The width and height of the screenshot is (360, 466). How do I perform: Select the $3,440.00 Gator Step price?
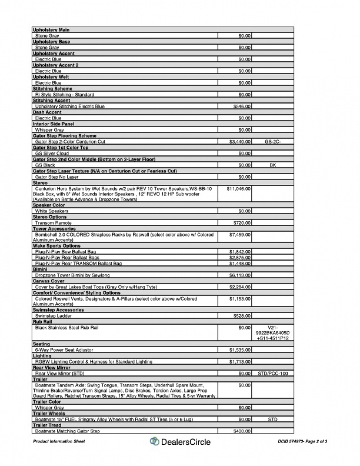pyautogui.click(x=240, y=142)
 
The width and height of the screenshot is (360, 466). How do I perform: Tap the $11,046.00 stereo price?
pyautogui.click(x=239, y=188)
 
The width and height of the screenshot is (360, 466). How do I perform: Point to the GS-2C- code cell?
pyautogui.click(x=273, y=142)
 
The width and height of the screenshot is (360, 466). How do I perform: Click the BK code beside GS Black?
pyautogui.click(x=273, y=165)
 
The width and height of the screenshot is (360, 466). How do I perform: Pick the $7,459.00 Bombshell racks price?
pyautogui.click(x=240, y=234)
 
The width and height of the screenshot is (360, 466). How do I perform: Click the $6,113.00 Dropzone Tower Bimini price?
pyautogui.click(x=240, y=275)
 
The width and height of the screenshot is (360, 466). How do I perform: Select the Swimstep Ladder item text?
pyautogui.click(x=53, y=316)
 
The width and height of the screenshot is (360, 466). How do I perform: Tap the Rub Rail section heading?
pyautogui.click(x=42, y=322)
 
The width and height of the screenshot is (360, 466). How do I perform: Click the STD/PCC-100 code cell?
pyautogui.click(x=273, y=373)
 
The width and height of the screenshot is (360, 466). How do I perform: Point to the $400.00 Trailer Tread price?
pyautogui.click(x=242, y=431)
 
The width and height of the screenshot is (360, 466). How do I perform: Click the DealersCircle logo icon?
pyautogui.click(x=154, y=441)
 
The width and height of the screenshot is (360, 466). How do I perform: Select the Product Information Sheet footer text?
pyautogui.click(x=59, y=441)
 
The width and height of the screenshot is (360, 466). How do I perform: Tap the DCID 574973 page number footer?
pyautogui.click(x=302, y=441)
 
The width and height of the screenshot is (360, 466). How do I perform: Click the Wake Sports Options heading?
pyautogui.click(x=57, y=246)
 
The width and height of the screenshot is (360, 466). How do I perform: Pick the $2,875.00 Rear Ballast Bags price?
pyautogui.click(x=240, y=257)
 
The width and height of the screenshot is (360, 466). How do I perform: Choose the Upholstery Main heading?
pyautogui.click(x=51, y=30)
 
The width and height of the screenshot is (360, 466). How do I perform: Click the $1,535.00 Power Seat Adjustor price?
pyautogui.click(x=240, y=350)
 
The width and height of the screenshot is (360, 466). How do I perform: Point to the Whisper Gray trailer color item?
pyautogui.click(x=49, y=408)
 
